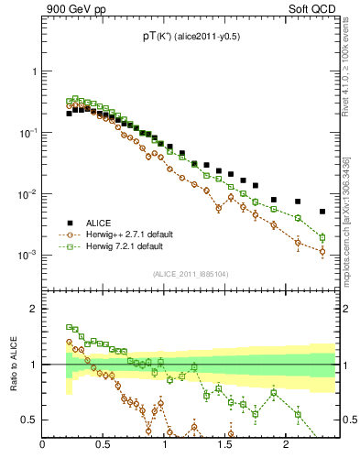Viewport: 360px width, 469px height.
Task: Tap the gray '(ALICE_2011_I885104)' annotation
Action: click(x=190, y=273)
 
